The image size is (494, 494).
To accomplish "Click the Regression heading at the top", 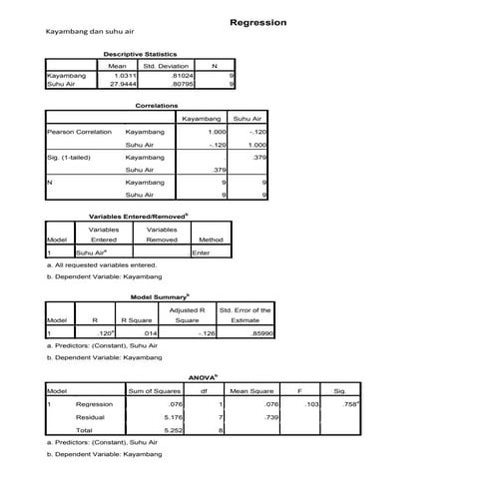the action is point(257,22).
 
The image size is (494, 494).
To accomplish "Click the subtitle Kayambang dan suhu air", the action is point(83,32).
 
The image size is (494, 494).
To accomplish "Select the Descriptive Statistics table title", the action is point(140,54).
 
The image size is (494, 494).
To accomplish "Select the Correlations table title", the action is point(156,105).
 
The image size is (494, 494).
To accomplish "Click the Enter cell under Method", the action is point(201,252).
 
